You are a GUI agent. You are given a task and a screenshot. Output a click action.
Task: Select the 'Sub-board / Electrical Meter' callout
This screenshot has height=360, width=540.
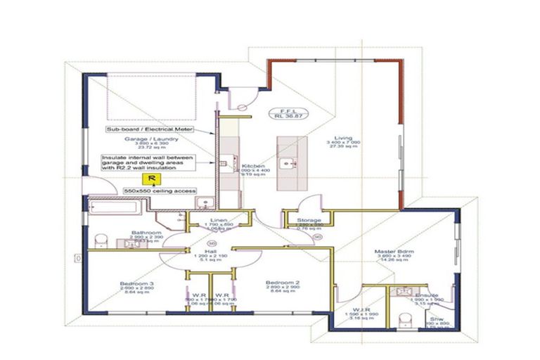[x=149, y=130]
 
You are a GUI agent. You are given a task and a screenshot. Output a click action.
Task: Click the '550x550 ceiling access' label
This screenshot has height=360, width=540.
[x=160, y=191]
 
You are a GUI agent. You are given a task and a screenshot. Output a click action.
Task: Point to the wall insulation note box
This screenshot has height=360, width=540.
[x=148, y=163]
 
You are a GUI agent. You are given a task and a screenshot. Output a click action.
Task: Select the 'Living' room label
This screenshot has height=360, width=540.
[x=343, y=138]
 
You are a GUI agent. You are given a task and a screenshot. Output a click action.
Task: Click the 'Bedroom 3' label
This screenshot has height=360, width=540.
[x=138, y=284]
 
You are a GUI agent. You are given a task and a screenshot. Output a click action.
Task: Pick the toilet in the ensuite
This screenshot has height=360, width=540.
[x=405, y=320]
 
